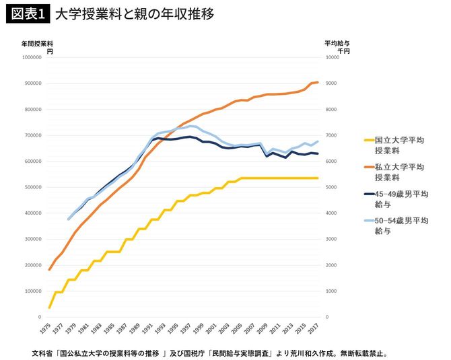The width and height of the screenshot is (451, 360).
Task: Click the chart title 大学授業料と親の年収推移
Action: pyautogui.click(x=135, y=13)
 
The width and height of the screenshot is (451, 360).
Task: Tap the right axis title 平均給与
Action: pyautogui.click(x=337, y=42)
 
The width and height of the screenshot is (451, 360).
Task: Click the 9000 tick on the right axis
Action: pyautogui.click(x=332, y=83)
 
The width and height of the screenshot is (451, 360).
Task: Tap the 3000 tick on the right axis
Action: pyautogui.click(x=332, y=240)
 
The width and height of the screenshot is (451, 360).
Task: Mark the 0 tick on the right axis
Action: pyautogui.click(x=328, y=317)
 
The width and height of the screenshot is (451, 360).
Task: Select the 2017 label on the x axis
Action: pyautogui.click(x=316, y=330)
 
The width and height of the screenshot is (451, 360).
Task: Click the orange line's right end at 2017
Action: pyautogui.click(x=317, y=82)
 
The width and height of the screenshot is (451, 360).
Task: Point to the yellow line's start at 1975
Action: pyautogui.click(x=49, y=308)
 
